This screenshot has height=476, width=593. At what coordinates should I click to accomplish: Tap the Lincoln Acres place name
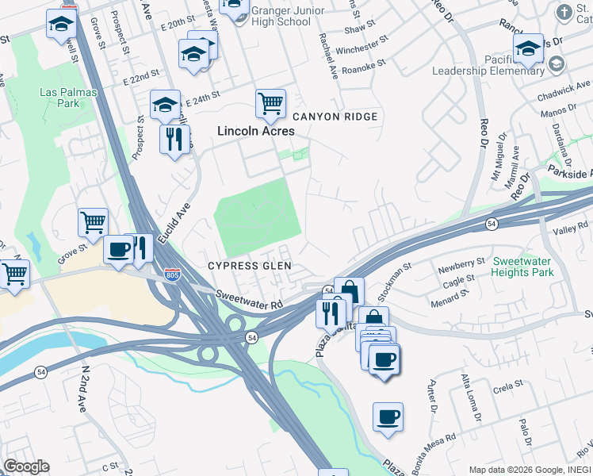click(x=256, y=131)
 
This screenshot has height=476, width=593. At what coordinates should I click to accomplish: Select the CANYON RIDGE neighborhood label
click(x=335, y=117)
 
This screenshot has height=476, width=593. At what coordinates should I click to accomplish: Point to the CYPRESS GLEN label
click(x=250, y=266)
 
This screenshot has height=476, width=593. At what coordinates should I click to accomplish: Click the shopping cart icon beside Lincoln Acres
click(x=270, y=102)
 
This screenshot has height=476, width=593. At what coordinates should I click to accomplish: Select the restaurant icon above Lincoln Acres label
click(x=174, y=139)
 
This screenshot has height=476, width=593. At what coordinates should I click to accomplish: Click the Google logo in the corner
click(x=26, y=466)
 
